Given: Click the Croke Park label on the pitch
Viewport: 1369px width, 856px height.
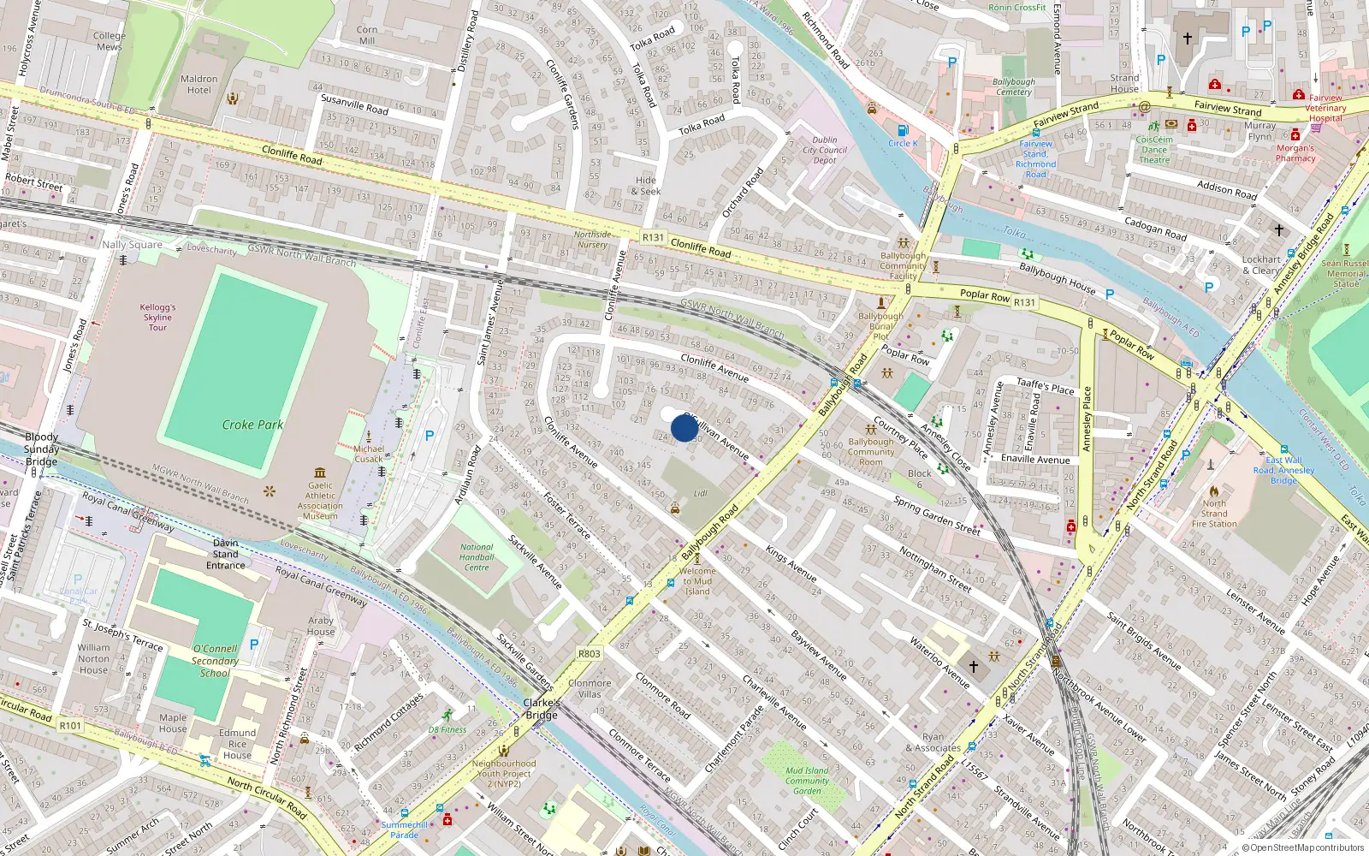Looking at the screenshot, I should [x=252, y=425].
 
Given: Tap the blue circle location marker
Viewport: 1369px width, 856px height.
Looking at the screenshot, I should [x=684, y=427].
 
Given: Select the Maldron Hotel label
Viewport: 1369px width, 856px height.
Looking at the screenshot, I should [x=199, y=84].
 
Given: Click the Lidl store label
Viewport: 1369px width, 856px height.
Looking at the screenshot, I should [x=701, y=493].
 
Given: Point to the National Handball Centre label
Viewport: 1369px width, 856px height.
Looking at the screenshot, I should [x=477, y=557].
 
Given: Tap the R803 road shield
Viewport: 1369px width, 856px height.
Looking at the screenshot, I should [x=589, y=653].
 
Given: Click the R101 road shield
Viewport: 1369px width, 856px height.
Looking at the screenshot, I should [x=70, y=725].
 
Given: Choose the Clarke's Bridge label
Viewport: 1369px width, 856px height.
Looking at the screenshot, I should [x=542, y=709].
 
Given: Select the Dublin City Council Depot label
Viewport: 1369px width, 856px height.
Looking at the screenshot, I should [x=825, y=150].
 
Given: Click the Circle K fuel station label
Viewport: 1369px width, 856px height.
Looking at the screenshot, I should [x=903, y=144].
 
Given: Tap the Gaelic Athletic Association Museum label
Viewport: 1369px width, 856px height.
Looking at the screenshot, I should [x=320, y=501].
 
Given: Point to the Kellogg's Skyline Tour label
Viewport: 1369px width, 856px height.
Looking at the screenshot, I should [x=158, y=317].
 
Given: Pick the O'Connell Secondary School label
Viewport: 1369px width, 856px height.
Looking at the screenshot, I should [x=215, y=661].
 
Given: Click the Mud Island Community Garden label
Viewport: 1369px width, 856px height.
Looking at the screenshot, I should [x=807, y=781].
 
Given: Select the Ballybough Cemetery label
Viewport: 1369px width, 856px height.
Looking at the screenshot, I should [x=1014, y=86].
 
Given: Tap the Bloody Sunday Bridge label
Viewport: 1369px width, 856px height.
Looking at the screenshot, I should [x=41, y=449].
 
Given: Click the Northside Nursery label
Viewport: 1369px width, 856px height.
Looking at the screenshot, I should [x=592, y=240].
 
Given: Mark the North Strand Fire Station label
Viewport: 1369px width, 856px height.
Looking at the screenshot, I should [x=1214, y=514].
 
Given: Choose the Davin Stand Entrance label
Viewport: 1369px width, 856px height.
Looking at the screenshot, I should [x=226, y=554].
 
